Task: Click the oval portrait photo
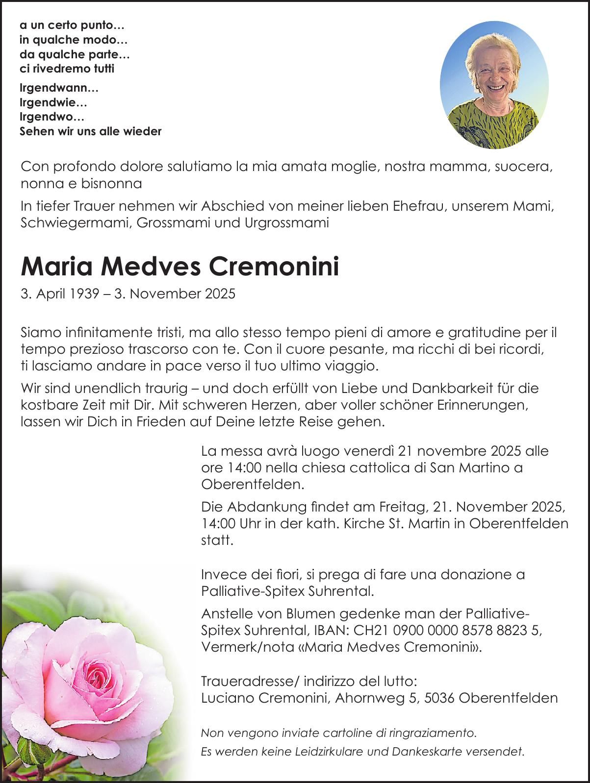pyautogui.click(x=494, y=84)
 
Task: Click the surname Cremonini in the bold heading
pyautogui.click(x=274, y=268)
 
